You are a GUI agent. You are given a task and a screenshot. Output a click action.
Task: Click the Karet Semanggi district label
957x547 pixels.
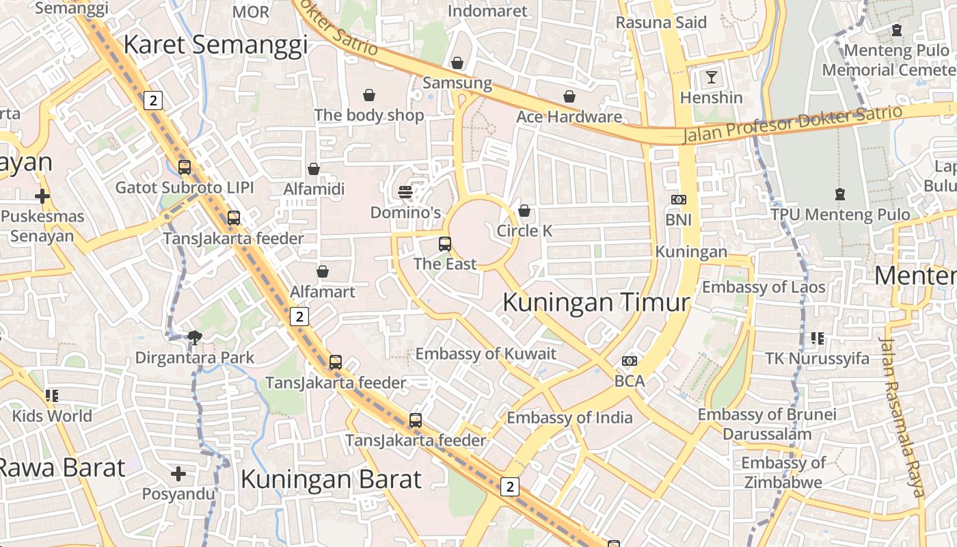(215, 45)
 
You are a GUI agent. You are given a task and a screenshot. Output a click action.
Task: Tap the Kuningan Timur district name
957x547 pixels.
(596, 302)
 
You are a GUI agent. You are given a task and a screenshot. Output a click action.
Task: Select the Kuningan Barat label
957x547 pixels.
(331, 479)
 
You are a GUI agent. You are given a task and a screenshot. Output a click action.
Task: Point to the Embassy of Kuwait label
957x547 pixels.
(486, 353)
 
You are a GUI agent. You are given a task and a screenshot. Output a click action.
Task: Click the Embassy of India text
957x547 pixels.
(569, 417)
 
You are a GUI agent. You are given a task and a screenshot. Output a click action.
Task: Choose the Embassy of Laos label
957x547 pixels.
(764, 287)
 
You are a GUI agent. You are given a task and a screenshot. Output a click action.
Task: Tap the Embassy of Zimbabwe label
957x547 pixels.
(783, 472)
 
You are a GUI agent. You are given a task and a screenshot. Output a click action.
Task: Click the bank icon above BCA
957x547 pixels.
(630, 361)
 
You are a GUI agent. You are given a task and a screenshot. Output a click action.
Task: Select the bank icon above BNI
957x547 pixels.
(678, 200)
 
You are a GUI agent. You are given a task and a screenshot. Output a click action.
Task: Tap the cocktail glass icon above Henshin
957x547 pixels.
(712, 77)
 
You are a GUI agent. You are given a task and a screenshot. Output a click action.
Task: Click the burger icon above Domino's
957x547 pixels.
(405, 192)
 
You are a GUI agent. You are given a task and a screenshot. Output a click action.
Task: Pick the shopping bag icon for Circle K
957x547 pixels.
(524, 211)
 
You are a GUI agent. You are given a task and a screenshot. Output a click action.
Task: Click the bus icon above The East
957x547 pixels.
(445, 243)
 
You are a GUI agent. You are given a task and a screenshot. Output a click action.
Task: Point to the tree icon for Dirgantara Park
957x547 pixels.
(195, 336)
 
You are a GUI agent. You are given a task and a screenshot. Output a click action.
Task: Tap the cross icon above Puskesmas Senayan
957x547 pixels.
(42, 197)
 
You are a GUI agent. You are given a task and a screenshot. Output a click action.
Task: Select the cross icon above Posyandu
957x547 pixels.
(178, 473)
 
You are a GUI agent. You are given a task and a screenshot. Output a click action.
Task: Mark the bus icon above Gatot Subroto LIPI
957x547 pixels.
(185, 167)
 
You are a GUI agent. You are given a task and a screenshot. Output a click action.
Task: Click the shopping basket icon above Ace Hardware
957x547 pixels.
(569, 96)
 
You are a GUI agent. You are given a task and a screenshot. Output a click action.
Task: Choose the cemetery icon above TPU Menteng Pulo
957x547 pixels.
(840, 194)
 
